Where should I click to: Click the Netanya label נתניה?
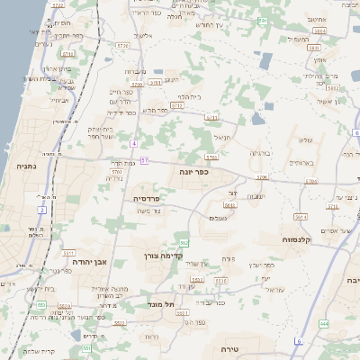coord(25,166)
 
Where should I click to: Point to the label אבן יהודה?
coord(88,261)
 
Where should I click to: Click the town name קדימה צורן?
coord(164,256)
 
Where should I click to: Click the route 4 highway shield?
coord(133,144)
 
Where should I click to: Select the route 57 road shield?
coord(145,161)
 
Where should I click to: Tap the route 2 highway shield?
coord(42,210)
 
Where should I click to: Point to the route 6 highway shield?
coord(297,341)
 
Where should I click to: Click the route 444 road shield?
coord(323,323)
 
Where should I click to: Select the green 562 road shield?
coord(184,243)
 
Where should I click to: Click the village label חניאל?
coord(221,137)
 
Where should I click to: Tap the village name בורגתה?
coord(260,153)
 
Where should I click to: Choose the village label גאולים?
coord(217,217)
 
